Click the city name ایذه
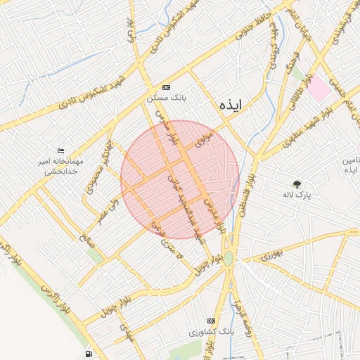(x=230, y=105)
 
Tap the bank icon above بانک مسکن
(x=166, y=87)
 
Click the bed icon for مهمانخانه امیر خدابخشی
(x=61, y=151)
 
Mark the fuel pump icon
(x=88, y=354)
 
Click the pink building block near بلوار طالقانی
(x=319, y=89)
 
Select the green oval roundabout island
(x=229, y=258)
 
